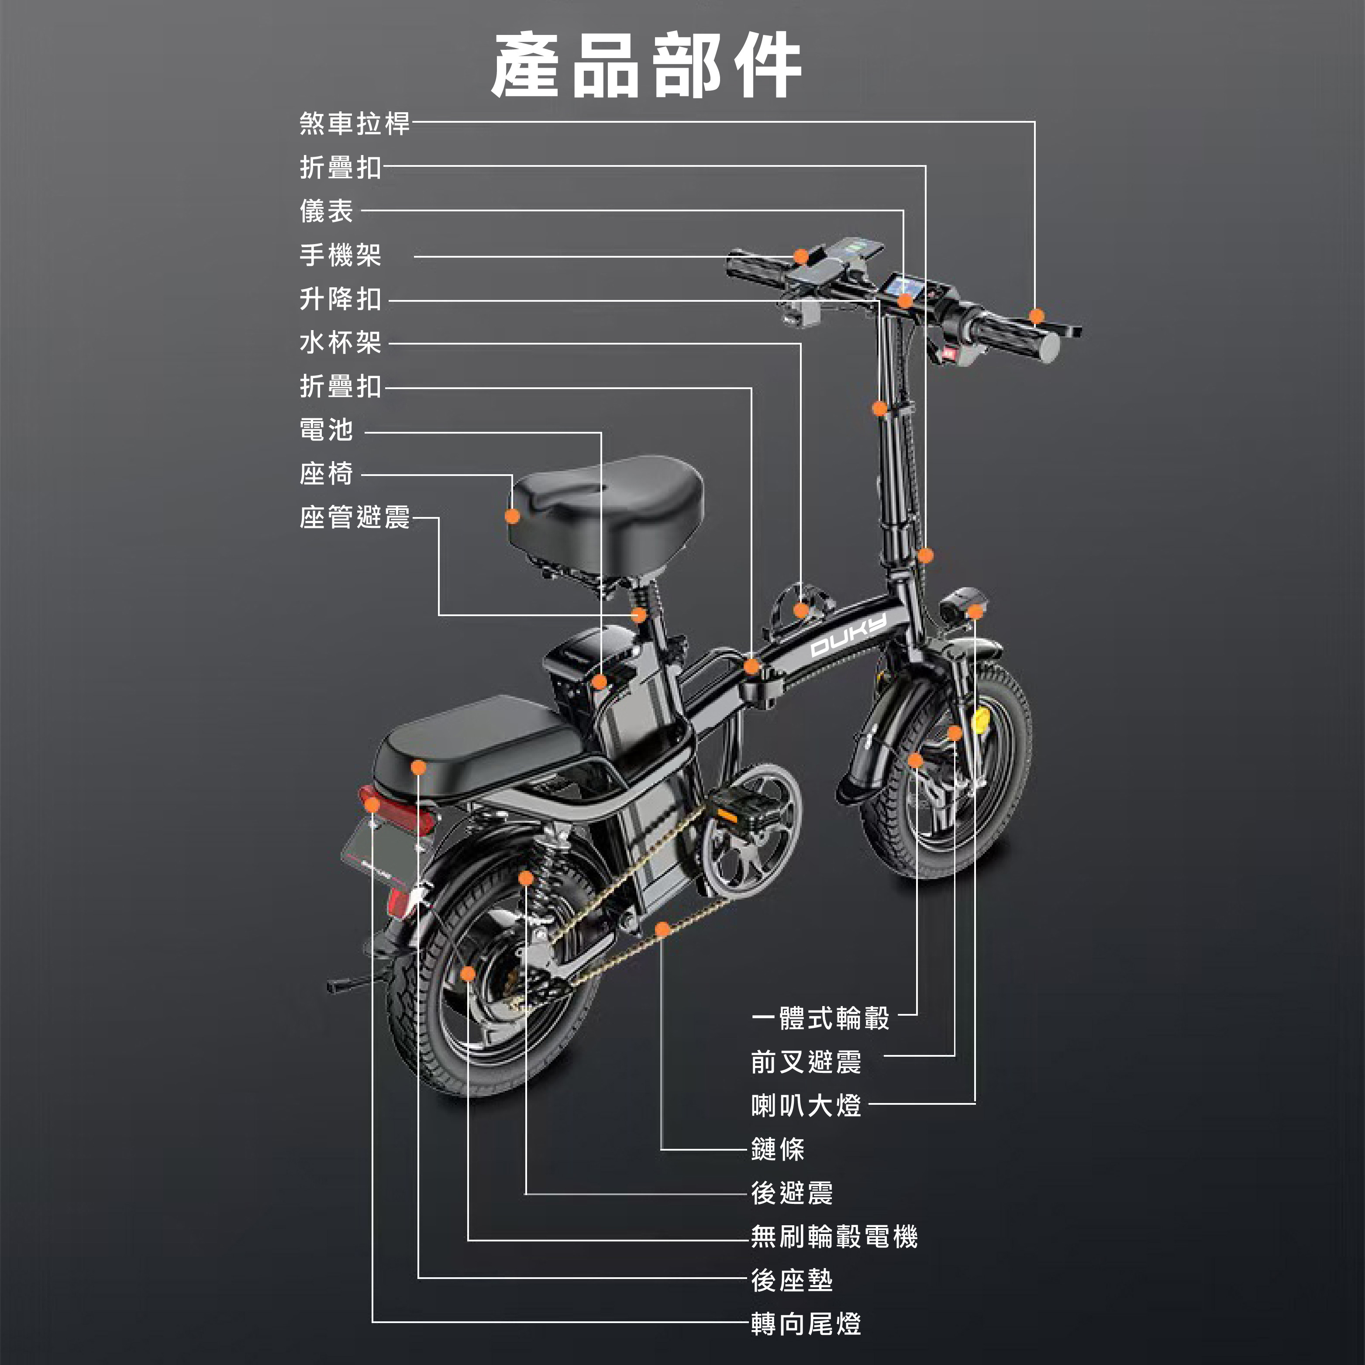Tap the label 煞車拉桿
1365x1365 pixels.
(354, 123)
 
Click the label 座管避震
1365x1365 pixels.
(354, 517)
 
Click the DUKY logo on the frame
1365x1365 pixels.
(848, 636)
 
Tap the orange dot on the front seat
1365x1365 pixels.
(512, 516)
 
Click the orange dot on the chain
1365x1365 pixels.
(662, 929)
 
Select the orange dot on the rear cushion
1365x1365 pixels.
(418, 767)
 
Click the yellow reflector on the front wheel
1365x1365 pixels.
(981, 720)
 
